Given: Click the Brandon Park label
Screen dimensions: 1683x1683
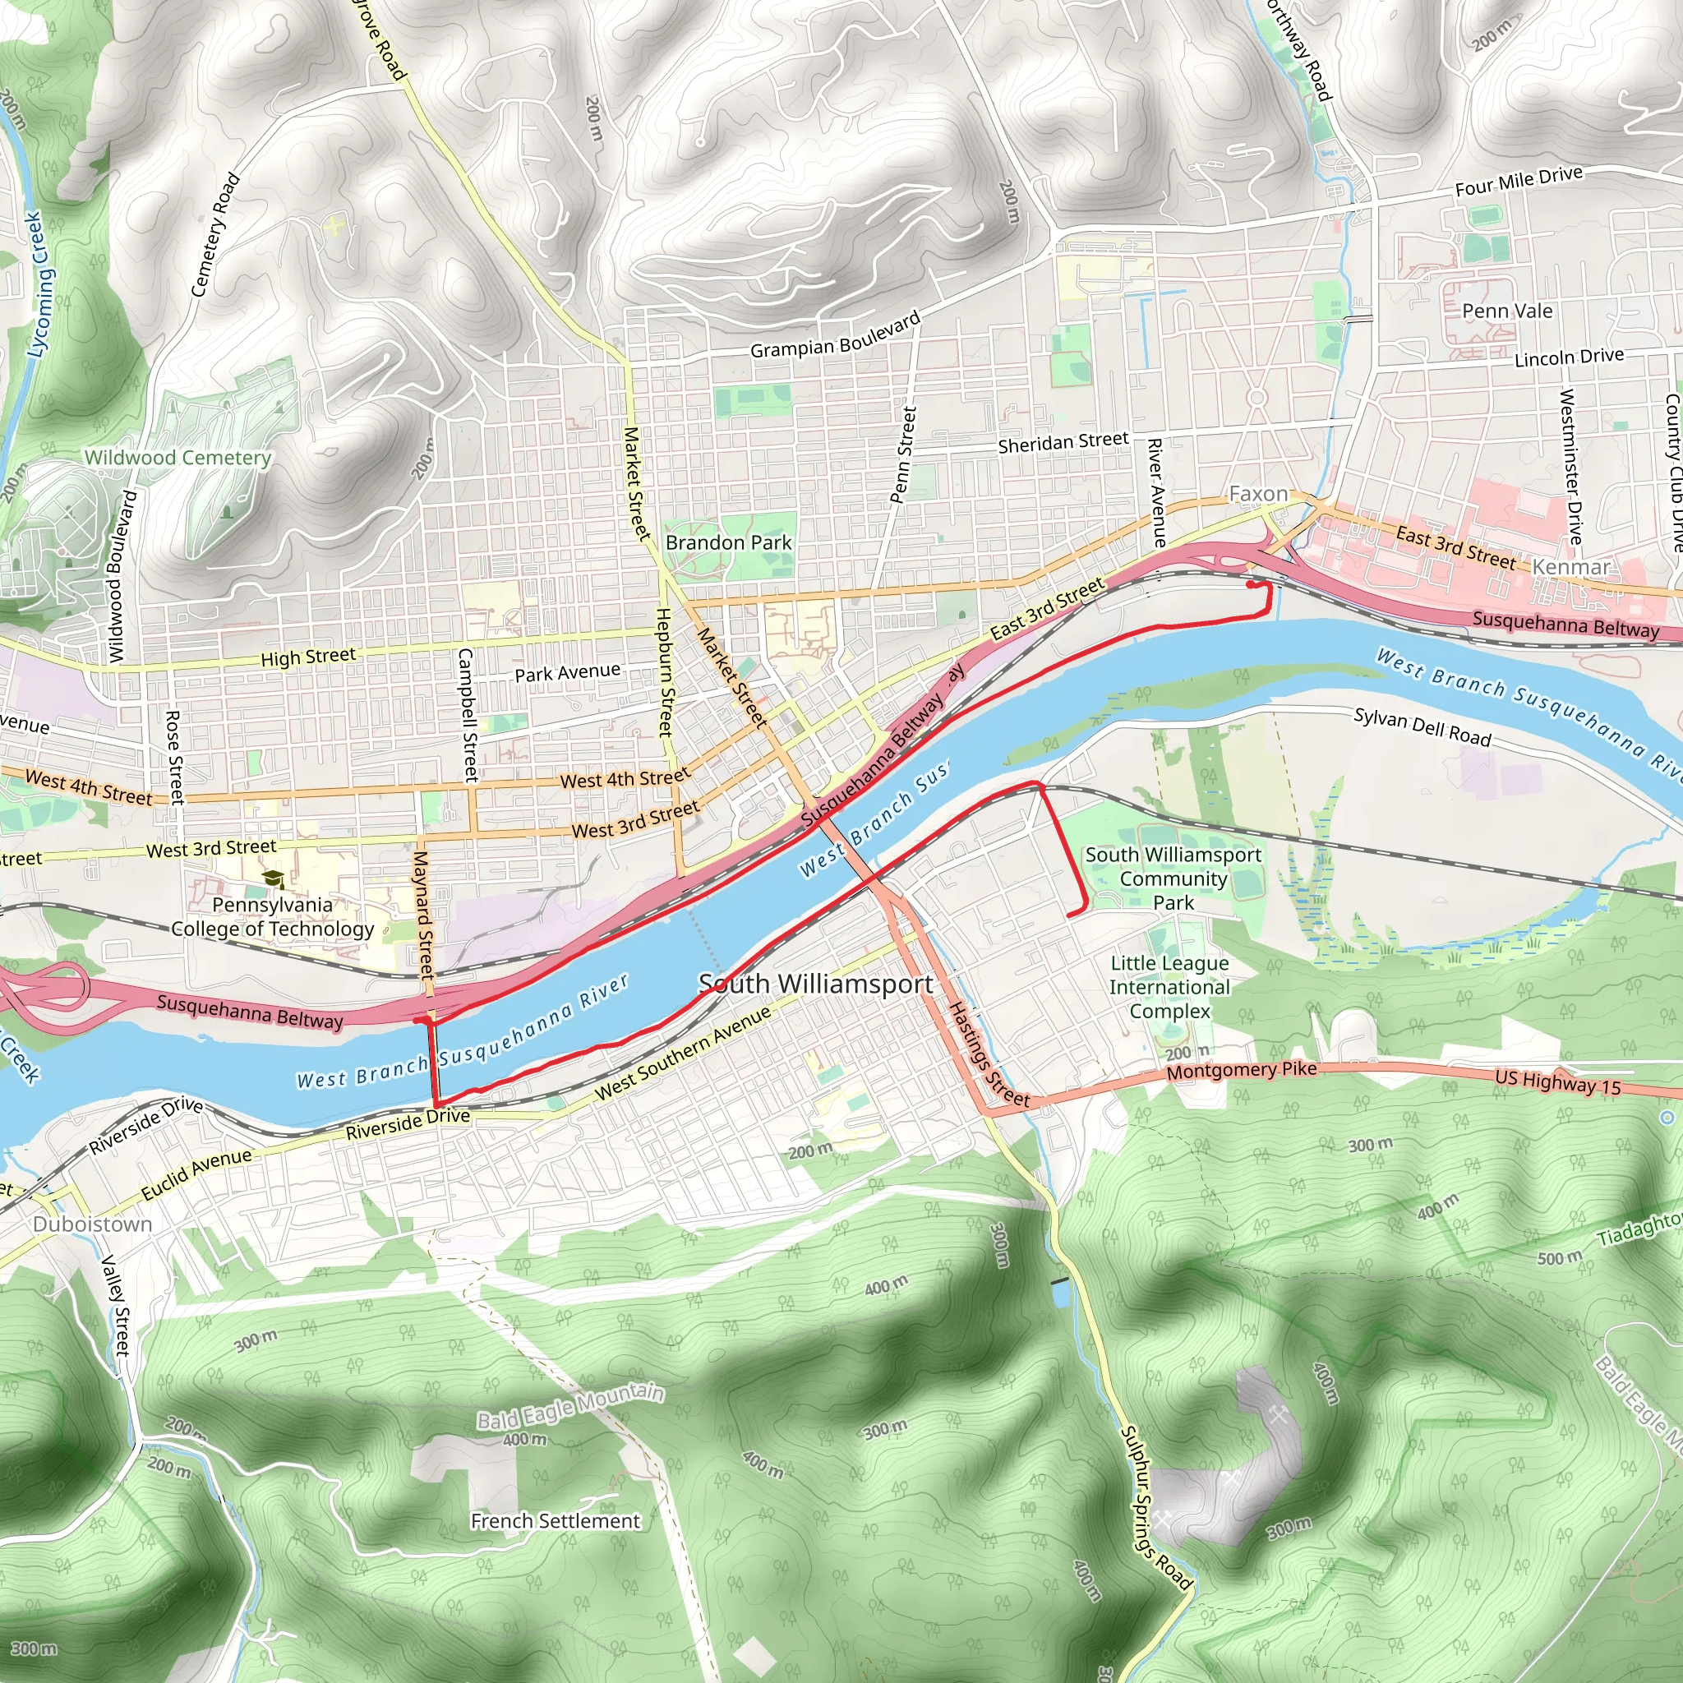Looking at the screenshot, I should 728,542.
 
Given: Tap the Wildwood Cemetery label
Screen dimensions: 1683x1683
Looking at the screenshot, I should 178,458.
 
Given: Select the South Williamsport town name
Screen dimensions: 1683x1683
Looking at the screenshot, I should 815,984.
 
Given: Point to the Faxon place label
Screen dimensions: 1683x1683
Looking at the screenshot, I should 1257,494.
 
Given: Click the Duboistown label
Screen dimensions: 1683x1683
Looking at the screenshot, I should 92,1224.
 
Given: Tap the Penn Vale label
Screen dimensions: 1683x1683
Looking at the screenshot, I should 1507,311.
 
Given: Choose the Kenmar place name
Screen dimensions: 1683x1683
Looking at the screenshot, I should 1570,567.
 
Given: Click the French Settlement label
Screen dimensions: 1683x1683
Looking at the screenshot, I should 555,1521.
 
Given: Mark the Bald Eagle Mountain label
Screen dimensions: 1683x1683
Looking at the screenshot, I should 570,1408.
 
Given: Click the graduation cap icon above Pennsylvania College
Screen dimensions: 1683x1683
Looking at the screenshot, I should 274,879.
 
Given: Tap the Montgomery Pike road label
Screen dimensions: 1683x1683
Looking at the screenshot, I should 1242,1070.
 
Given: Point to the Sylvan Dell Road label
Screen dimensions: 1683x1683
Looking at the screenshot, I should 1422,728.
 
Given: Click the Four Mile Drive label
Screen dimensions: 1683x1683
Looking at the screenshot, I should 1519,181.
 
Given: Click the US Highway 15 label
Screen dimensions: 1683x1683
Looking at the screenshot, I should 1557,1082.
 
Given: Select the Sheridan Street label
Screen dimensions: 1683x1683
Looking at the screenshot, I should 1063,443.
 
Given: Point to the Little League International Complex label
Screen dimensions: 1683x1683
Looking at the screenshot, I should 1169,987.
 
